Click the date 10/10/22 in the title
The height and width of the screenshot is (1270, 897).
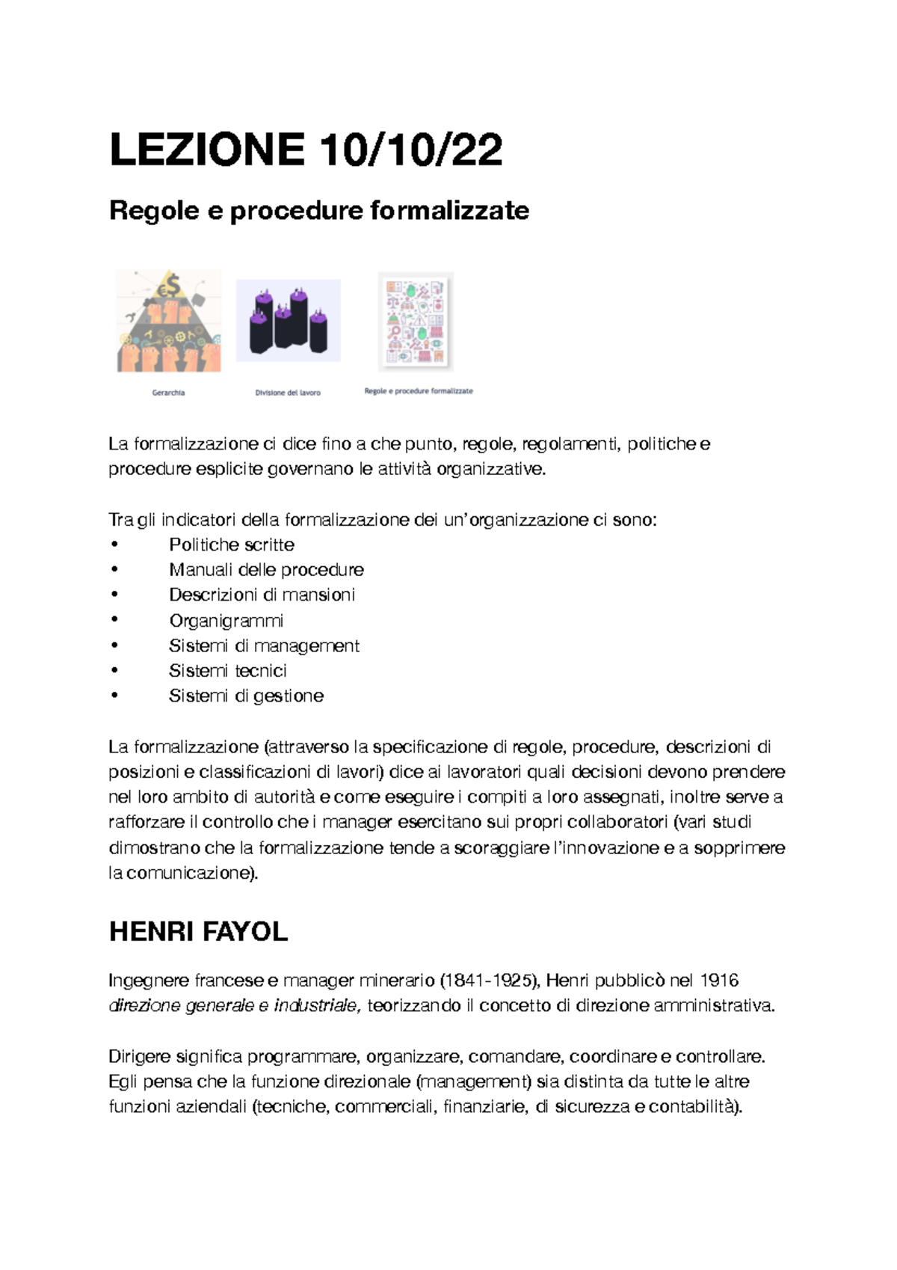point(410,150)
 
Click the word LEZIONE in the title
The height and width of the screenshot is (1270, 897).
point(207,150)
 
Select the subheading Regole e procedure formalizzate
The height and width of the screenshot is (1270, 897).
point(319,210)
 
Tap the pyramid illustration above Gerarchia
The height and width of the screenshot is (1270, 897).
point(169,321)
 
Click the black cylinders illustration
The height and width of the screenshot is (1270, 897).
point(289,321)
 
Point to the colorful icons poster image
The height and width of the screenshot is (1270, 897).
point(416,322)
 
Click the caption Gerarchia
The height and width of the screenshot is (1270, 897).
point(168,393)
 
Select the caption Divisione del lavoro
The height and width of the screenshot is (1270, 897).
point(288,393)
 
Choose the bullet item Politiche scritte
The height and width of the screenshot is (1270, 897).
point(232,544)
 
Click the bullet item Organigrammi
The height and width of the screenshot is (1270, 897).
point(226,621)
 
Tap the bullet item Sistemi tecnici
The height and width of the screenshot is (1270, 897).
point(228,671)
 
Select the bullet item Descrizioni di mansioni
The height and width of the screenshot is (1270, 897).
point(262,595)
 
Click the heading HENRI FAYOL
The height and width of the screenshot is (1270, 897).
point(198,932)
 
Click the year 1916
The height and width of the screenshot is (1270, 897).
point(719,981)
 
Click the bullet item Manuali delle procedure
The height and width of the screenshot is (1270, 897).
point(266,570)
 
